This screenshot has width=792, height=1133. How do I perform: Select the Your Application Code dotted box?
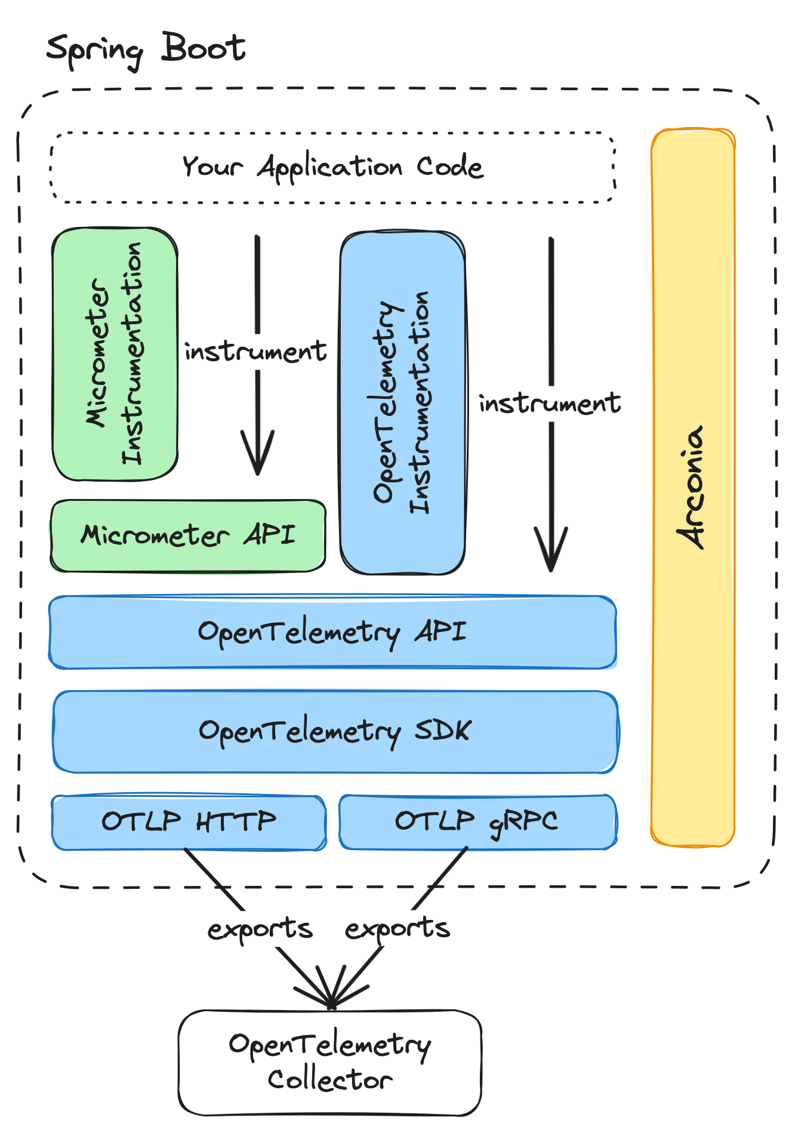tap(332, 167)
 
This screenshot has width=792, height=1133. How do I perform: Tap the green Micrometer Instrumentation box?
tap(115, 353)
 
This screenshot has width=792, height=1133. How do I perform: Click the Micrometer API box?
tap(188, 535)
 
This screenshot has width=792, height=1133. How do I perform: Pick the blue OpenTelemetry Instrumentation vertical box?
tap(402, 403)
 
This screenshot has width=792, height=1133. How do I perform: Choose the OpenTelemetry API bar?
tap(332, 632)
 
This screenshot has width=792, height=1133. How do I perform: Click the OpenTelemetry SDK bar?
tap(335, 731)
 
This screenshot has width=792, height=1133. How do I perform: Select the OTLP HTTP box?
tap(189, 822)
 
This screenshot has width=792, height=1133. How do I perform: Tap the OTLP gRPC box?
tap(477, 821)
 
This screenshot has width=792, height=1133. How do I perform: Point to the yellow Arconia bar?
tap(692, 487)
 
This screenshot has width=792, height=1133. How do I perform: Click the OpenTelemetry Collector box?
tap(329, 1062)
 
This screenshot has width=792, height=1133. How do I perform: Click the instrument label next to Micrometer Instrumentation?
tap(255, 352)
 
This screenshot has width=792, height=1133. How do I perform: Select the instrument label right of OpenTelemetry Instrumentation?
tap(550, 404)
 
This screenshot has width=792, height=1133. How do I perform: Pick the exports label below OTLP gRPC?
tap(397, 928)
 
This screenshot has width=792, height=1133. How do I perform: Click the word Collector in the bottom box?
tap(329, 1079)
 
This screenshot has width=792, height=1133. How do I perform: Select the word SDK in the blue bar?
tap(442, 730)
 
